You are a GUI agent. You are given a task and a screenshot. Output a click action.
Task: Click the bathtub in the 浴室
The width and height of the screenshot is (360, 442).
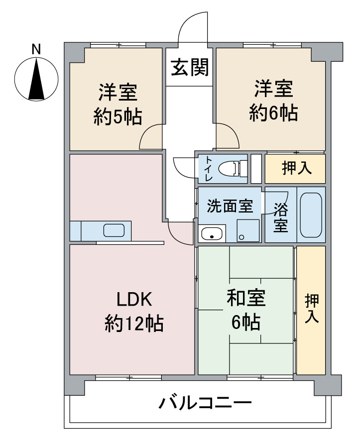pyautogui.click(x=312, y=215)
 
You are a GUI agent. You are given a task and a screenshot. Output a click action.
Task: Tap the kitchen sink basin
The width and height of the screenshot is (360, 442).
pyautogui.click(x=114, y=230)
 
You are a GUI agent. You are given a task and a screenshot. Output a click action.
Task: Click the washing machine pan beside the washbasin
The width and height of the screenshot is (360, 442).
pyautogui.click(x=247, y=230)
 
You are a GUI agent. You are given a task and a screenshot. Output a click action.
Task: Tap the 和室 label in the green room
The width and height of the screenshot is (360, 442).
pyautogui.click(x=246, y=299)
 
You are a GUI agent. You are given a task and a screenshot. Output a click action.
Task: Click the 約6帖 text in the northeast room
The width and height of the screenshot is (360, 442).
pyautogui.click(x=273, y=113)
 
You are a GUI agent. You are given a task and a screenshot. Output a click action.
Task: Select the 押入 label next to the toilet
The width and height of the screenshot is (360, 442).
pyautogui.click(x=297, y=169)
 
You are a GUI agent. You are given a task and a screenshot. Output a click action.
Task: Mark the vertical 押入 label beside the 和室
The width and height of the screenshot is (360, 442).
pyautogui.click(x=312, y=309)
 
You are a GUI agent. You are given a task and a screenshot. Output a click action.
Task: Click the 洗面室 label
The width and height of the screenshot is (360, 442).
pyautogui.click(x=230, y=206)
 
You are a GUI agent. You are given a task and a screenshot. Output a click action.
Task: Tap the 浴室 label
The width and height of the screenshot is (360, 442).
pyautogui.click(x=280, y=216)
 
